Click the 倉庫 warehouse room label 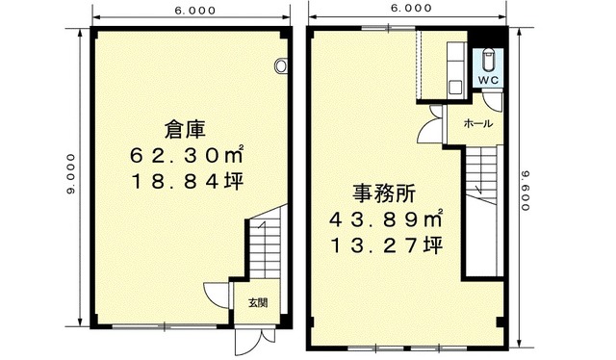tap(185, 130)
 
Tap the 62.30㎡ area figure tap(187, 156)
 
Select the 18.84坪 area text tap(187, 181)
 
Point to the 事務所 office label tap(384, 193)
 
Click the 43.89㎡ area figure tap(386, 219)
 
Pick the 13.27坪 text tap(387, 245)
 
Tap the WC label tap(488, 80)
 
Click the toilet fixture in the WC tap(488, 59)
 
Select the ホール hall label tap(478, 123)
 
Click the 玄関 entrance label tap(258, 303)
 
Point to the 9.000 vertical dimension tap(70, 173)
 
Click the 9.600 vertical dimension tap(526, 190)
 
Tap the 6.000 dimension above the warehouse tap(195, 11)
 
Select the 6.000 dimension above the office tap(411, 8)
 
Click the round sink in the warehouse tap(281, 65)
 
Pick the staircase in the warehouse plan tap(265, 244)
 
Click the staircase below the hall tap(481, 176)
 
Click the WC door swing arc tap(491, 103)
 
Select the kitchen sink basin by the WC tap(455, 87)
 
